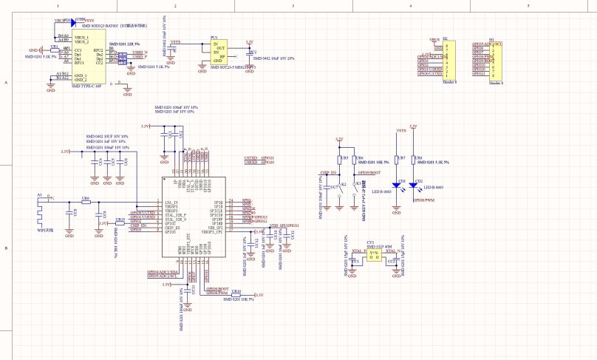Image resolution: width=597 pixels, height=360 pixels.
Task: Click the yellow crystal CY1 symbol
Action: click(375, 254)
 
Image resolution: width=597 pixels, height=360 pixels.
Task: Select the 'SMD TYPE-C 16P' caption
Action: click(86, 86)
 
